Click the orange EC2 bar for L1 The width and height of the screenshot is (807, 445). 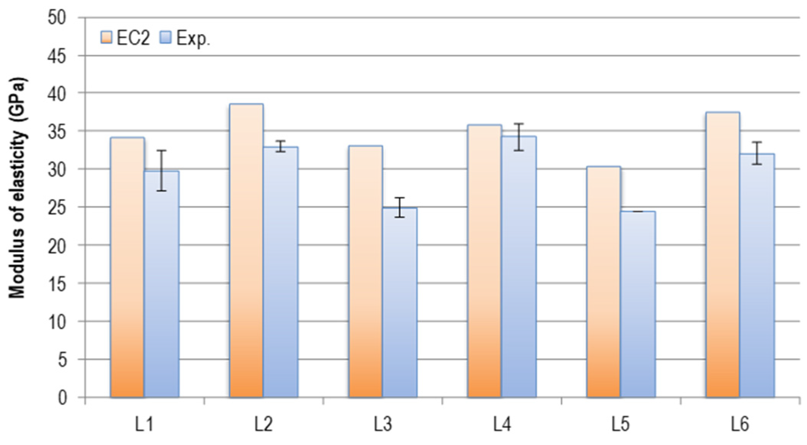point(127,268)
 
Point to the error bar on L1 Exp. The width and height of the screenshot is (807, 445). point(161,171)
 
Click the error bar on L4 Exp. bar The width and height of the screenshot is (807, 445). point(519,137)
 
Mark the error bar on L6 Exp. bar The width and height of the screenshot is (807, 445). point(757,153)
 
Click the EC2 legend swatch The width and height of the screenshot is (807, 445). point(106,37)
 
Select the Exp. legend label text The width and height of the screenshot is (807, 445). point(193,38)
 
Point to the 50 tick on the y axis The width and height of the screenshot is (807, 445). point(57,18)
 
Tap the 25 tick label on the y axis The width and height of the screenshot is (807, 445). point(57,208)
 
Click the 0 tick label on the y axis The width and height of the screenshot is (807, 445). point(62,398)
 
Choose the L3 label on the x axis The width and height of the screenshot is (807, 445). point(383,424)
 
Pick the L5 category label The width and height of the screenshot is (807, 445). point(621,424)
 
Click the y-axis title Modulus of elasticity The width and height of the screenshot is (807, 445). point(17,187)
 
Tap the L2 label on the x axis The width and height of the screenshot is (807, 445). point(264,424)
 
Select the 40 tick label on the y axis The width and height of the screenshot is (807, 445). point(57,93)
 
